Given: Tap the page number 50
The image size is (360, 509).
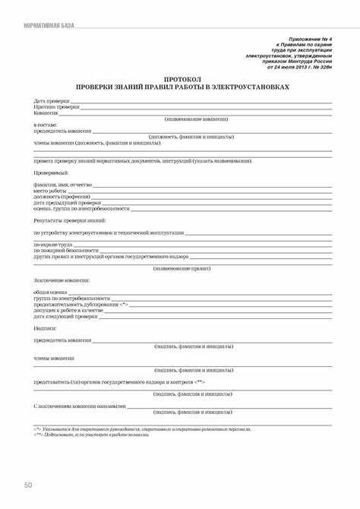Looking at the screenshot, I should [28, 484].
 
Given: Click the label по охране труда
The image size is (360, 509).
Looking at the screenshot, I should [53, 244].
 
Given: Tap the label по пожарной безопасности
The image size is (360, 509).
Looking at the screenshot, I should [66, 250].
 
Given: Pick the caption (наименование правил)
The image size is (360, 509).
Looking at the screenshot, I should [182, 268].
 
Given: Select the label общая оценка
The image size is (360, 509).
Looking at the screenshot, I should [51, 292].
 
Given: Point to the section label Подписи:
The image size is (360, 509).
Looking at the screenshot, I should [46, 328].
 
